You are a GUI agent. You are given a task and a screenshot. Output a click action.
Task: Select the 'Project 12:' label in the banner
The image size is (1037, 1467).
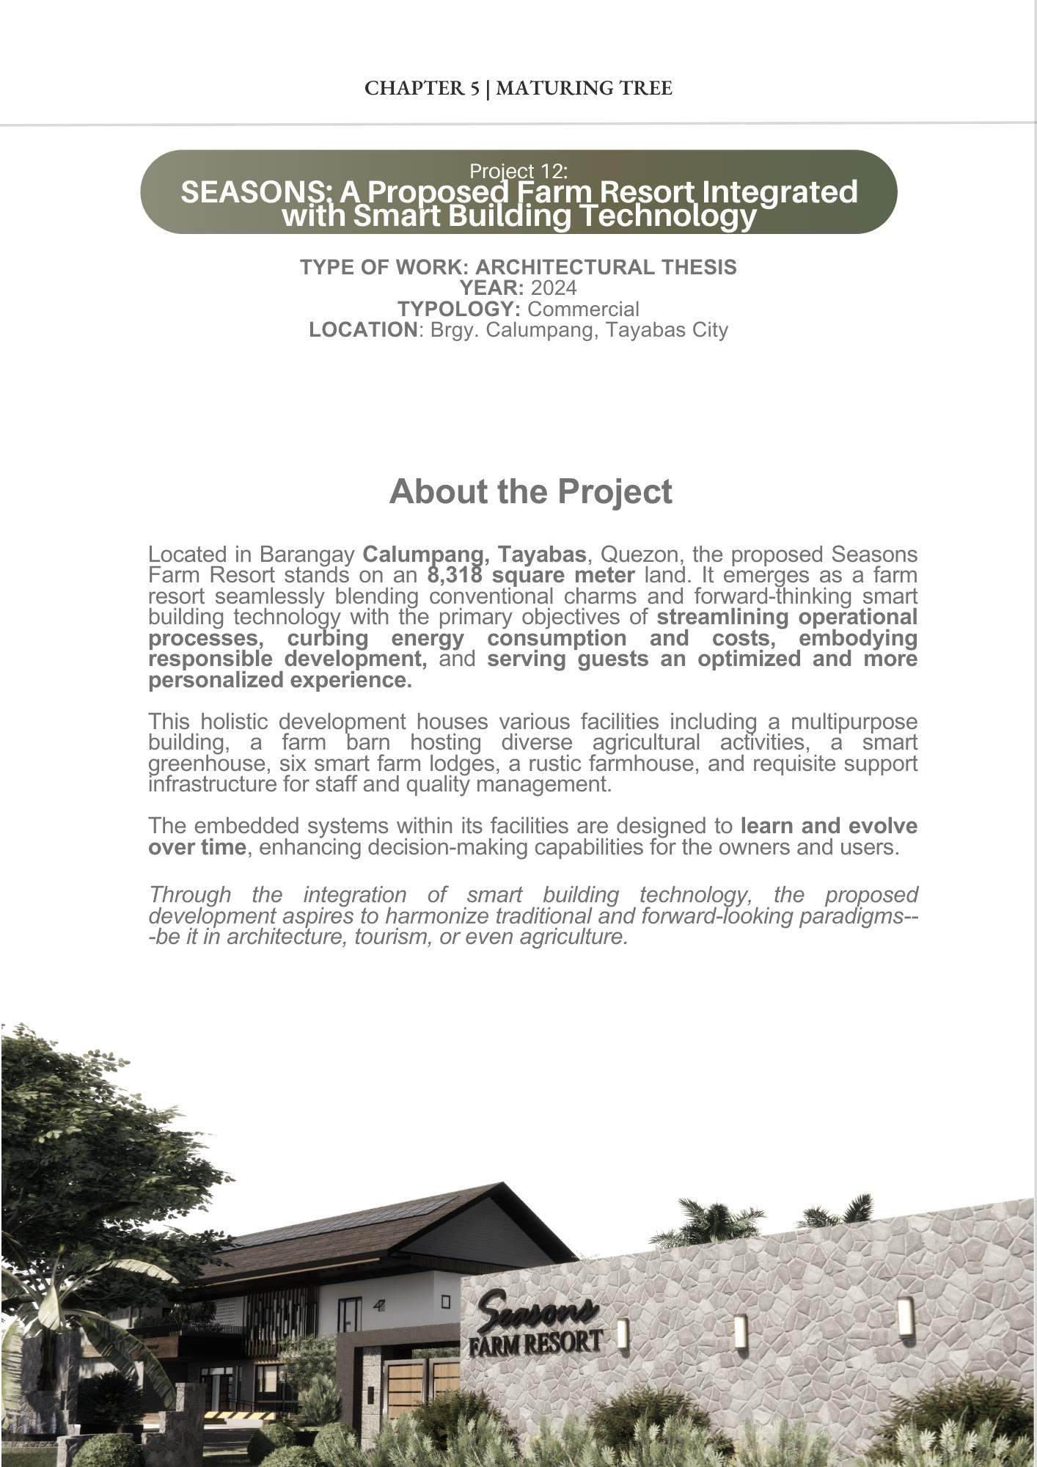point(518,171)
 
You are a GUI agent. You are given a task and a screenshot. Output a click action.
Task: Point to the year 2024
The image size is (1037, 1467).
point(554,288)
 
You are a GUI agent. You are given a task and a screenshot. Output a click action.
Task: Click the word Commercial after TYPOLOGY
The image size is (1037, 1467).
point(583,309)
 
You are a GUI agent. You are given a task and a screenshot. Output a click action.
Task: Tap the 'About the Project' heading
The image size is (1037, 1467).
point(530,491)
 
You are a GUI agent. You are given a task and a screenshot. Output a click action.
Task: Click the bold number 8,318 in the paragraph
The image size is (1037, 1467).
point(454,575)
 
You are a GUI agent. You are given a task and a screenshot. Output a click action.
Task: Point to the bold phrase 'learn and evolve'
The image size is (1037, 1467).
point(829,826)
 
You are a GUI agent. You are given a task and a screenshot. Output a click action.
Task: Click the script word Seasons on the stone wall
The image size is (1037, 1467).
point(537,1311)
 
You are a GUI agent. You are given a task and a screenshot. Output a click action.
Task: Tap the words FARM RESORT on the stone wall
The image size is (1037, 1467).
point(535,1342)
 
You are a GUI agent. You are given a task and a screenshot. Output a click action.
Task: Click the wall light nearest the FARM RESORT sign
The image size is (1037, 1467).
point(622,1334)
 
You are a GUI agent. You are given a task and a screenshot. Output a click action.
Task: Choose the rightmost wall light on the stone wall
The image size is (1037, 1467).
point(905,1316)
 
